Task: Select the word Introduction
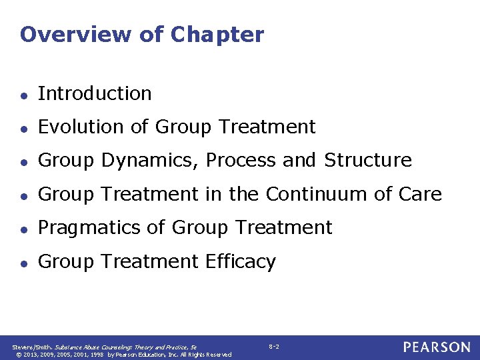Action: click(x=95, y=93)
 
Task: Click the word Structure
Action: click(x=368, y=161)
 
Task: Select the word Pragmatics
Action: click(x=89, y=228)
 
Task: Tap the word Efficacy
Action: click(x=239, y=262)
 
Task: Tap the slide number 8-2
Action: click(x=274, y=347)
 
